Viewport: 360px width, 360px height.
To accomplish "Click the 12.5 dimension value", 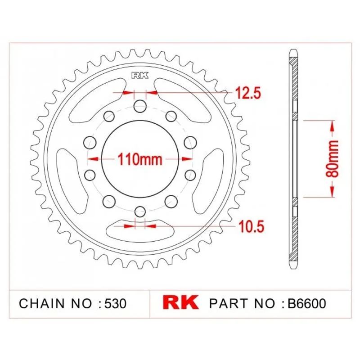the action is click(x=247, y=93).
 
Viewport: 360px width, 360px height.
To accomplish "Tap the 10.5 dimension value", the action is click(x=251, y=226).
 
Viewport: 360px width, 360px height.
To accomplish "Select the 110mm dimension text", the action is click(x=140, y=159).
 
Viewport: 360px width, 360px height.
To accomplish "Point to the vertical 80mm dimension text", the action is click(x=332, y=159).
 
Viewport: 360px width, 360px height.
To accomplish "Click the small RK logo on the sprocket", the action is click(x=140, y=76).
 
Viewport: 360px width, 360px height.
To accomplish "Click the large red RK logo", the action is click(x=180, y=302).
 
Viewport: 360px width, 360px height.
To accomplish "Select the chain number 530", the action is click(x=116, y=303).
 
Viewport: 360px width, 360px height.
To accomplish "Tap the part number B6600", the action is click(x=307, y=303).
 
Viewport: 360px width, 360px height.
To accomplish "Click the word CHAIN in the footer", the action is click(x=42, y=303).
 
